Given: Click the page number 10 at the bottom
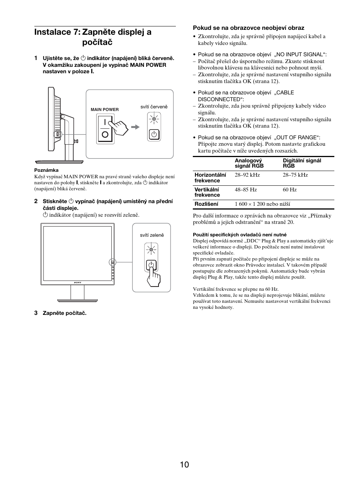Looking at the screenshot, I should (x=184, y=464).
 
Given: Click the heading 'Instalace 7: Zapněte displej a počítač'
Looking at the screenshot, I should (x=93, y=37).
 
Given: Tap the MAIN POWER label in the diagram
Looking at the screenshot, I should (x=105, y=109).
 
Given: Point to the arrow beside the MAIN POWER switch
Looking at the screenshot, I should (x=135, y=127).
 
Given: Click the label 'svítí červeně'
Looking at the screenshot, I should (x=154, y=107).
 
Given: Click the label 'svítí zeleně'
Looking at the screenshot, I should (x=152, y=235).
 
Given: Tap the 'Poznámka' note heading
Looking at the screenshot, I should (x=46, y=170).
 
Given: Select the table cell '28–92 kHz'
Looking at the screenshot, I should (x=247, y=175).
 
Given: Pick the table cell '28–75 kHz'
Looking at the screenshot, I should (x=295, y=175).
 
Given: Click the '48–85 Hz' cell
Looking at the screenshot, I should (x=246, y=190).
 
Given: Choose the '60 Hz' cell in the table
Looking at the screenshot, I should (x=289, y=190).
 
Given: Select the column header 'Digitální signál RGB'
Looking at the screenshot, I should (x=302, y=163).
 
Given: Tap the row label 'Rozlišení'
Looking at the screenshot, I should (x=206, y=204).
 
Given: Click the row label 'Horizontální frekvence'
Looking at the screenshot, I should (x=210, y=177).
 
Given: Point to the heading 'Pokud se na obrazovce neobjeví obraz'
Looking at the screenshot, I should (x=248, y=28).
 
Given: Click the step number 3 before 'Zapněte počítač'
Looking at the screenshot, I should (x=36, y=313).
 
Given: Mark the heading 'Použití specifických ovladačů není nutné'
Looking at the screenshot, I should (x=240, y=234).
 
